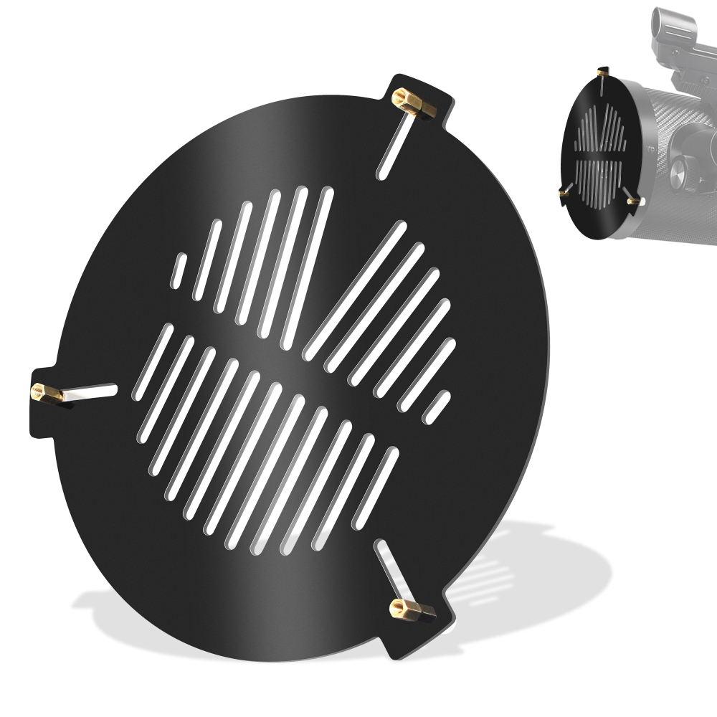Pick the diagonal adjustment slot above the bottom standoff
point(389,570)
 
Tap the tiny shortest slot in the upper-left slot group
point(179,270)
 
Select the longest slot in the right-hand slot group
point(356,290)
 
